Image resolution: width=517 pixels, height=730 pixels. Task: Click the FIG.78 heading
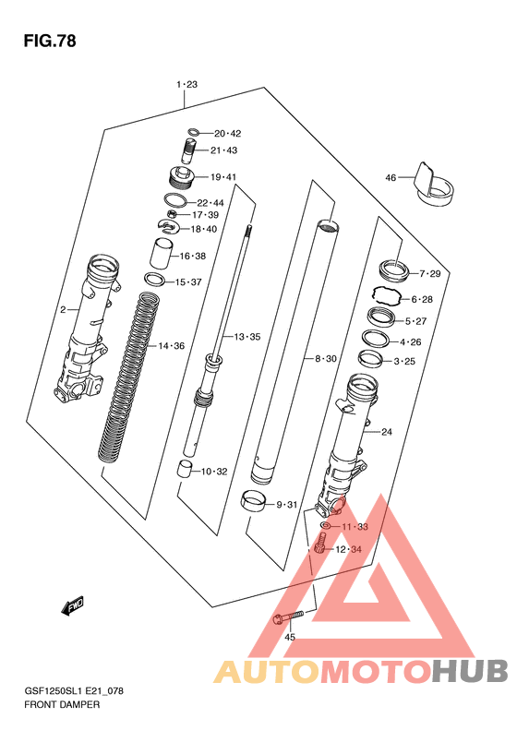[x=50, y=41]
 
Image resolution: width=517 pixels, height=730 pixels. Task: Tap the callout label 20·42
[x=227, y=134]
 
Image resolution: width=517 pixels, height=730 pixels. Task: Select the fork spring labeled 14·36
[x=129, y=377]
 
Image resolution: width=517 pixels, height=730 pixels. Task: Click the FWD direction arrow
[x=73, y=605]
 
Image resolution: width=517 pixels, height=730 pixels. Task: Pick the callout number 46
[x=391, y=178]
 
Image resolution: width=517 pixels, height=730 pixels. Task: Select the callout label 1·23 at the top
[x=186, y=84]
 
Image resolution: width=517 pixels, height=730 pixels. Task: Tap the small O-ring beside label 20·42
[x=195, y=133]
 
